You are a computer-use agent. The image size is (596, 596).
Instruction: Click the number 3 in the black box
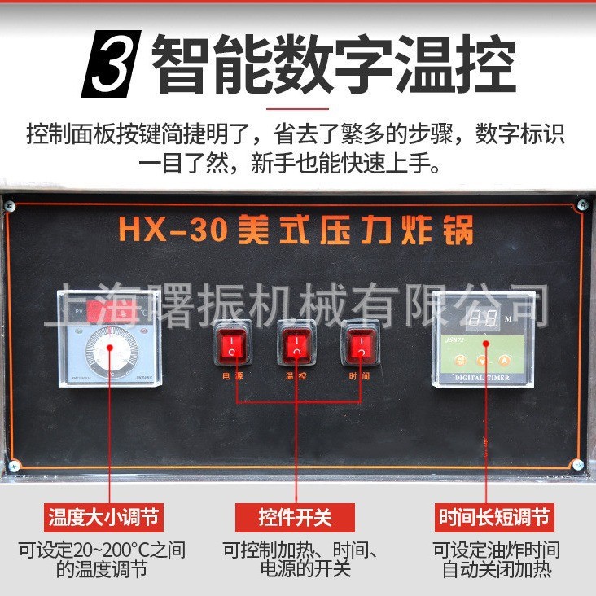(111, 65)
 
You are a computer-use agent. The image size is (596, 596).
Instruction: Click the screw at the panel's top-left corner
(11, 204)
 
